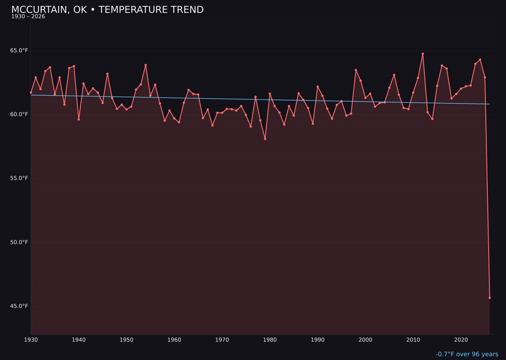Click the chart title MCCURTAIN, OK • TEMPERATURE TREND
[107, 10]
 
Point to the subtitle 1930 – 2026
[28, 17]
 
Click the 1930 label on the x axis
[31, 340]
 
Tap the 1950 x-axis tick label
[126, 340]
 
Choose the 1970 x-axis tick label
[222, 340]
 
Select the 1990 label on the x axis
[318, 340]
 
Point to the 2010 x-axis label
[413, 340]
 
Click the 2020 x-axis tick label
[461, 340]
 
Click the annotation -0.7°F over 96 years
[467, 354]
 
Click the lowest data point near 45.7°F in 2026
[490, 298]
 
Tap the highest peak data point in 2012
[423, 54]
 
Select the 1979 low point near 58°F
[265, 139]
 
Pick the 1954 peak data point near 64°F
[146, 65]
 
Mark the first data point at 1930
[31, 92]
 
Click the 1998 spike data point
[356, 70]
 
